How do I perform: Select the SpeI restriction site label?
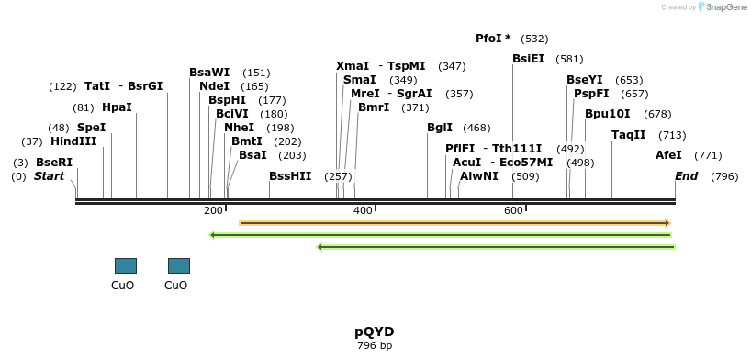(x=91, y=128)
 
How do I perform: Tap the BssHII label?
(x=290, y=175)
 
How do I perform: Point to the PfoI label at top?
(x=493, y=39)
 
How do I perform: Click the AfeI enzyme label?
(x=668, y=155)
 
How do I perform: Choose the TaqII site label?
(x=629, y=135)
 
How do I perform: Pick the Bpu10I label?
(x=608, y=114)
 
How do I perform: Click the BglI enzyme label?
(x=440, y=128)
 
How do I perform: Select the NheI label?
(x=239, y=128)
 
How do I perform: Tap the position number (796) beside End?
(x=724, y=175)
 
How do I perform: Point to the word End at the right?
(x=687, y=175)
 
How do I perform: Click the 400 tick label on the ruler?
(x=362, y=211)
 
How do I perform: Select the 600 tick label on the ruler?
(x=512, y=211)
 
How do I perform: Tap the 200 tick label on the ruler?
(x=213, y=211)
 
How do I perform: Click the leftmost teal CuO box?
(x=125, y=265)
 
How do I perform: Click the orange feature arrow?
(x=454, y=223)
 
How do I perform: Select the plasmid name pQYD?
(x=374, y=331)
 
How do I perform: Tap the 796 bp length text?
(x=374, y=346)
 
